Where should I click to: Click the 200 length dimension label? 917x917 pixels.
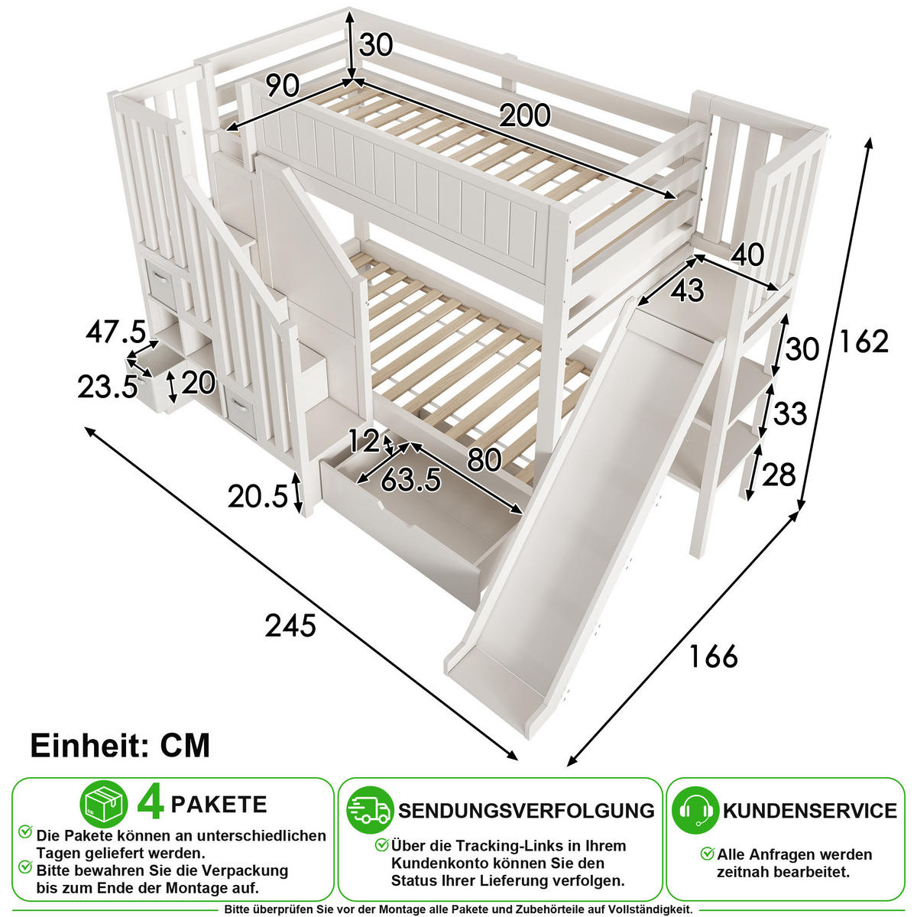(x=524, y=115)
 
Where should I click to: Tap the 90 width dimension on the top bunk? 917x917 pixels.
(x=283, y=86)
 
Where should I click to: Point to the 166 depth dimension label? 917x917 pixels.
(x=713, y=656)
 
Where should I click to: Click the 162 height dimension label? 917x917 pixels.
(x=864, y=341)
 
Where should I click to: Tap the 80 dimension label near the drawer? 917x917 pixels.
(x=484, y=460)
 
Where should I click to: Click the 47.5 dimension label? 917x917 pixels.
(x=115, y=332)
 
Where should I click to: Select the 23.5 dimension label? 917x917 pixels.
(x=108, y=387)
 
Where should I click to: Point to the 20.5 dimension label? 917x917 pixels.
(x=258, y=497)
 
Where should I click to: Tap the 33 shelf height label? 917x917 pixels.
(x=790, y=413)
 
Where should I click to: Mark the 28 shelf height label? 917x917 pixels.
(x=779, y=475)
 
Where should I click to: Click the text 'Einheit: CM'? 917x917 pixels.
(x=120, y=745)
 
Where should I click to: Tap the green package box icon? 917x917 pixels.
(x=104, y=804)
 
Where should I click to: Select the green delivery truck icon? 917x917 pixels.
(x=370, y=810)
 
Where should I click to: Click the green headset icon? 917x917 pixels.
(x=695, y=810)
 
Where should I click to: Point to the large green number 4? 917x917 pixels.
(x=151, y=805)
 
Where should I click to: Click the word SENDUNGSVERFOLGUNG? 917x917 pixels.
(x=527, y=811)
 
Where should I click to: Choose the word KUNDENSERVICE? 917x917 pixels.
(x=810, y=811)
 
